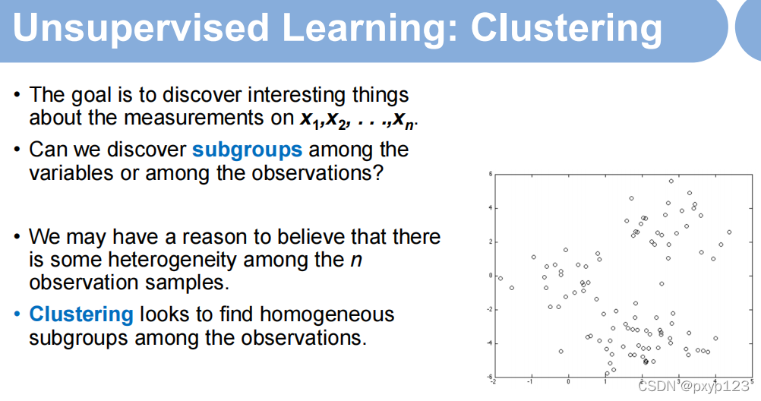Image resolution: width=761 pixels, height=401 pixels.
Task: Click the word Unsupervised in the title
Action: pyautogui.click(x=141, y=27)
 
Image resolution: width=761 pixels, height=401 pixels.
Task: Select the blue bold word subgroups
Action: pyautogui.click(x=247, y=150)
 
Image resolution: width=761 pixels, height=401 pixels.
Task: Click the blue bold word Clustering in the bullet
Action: pyautogui.click(x=81, y=314)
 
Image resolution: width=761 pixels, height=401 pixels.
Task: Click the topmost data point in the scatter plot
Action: pyautogui.click(x=671, y=181)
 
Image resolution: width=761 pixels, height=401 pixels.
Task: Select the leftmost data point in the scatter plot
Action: pyautogui.click(x=500, y=278)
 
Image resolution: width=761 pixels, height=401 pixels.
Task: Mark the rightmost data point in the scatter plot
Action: pyautogui.click(x=729, y=232)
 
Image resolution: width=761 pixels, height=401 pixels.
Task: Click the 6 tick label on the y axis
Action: pyautogui.click(x=490, y=174)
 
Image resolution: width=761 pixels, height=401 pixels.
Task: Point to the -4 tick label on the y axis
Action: pyautogui.click(x=490, y=343)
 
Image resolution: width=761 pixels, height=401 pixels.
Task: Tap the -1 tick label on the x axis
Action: pyautogui.click(x=530, y=381)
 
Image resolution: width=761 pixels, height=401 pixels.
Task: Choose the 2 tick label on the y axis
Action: pyautogui.click(x=490, y=242)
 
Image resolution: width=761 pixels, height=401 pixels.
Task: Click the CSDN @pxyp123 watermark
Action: pyautogui.click(x=694, y=386)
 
